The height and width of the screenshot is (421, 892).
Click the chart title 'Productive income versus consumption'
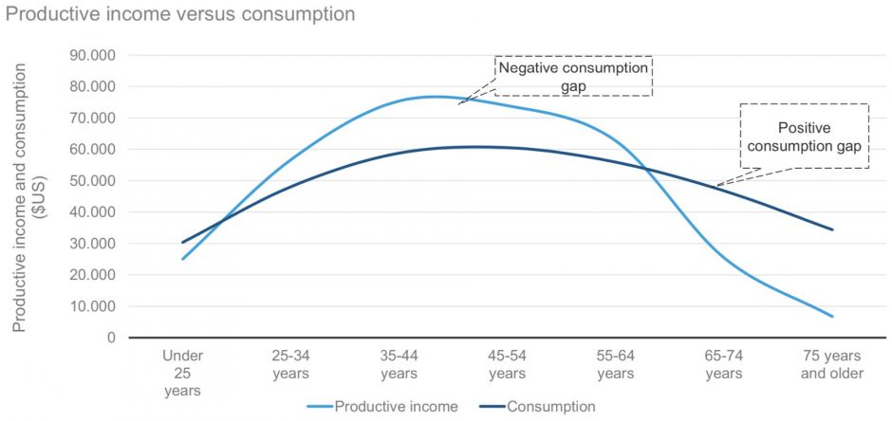point(178,14)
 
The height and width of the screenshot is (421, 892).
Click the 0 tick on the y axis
point(110,338)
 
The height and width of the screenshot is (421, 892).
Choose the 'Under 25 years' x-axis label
point(182,373)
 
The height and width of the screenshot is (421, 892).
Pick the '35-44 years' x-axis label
point(400,364)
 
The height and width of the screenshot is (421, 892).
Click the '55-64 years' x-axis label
point(616,364)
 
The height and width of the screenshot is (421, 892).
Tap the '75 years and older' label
point(832,364)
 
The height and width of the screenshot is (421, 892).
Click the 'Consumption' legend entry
point(551,407)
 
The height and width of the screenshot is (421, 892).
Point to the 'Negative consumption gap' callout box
point(574,76)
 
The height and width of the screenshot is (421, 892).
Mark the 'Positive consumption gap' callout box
point(805,136)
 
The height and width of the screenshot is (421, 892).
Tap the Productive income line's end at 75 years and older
point(832,316)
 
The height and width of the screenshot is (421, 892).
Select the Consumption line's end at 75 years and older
point(832,229)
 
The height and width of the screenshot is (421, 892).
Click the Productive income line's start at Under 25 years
point(182,259)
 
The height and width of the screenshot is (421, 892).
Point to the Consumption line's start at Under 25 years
point(182,242)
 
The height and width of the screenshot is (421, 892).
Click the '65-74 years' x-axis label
point(724,364)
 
